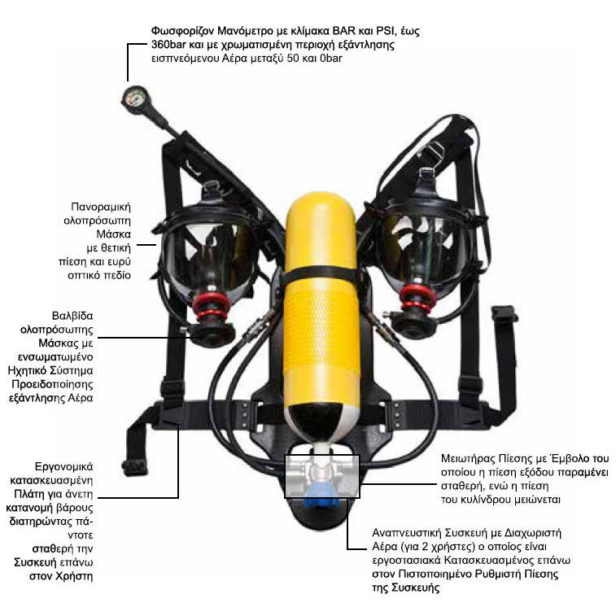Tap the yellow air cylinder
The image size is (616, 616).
click(321, 314)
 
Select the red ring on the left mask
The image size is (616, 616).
click(211, 307)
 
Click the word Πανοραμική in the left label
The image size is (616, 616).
click(101, 207)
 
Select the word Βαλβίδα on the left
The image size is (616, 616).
click(72, 316)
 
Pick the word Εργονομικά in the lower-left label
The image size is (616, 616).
click(64, 467)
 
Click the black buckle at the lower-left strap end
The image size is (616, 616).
click(135, 468)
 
